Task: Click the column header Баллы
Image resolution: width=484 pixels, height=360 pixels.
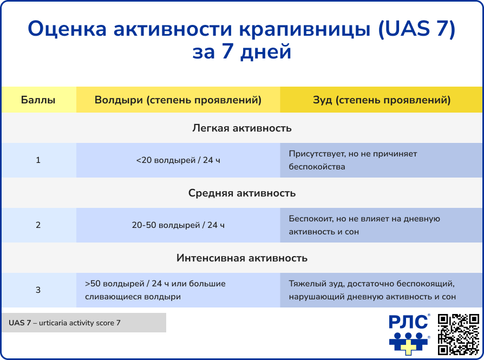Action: [x=38, y=100]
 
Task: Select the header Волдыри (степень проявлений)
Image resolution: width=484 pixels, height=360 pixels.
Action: [x=178, y=100]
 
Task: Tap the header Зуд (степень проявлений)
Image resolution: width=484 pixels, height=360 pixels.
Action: [x=382, y=100]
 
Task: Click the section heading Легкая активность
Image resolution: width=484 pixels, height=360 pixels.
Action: [x=242, y=128]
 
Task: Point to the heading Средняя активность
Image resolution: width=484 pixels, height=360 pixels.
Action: [x=242, y=193]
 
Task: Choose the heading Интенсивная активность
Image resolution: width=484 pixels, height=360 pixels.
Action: [x=242, y=258]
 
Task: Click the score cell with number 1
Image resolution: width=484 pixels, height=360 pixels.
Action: [x=38, y=160]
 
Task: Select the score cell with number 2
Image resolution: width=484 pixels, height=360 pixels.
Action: [x=38, y=225]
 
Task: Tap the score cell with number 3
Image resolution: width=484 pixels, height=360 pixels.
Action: [x=38, y=290]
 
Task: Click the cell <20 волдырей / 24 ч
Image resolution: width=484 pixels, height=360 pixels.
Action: [x=178, y=160]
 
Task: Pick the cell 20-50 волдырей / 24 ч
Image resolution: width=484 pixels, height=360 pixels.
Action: [x=178, y=225]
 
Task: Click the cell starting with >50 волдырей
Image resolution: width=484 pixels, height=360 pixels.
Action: [x=178, y=290]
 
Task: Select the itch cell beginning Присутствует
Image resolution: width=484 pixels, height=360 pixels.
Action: [x=382, y=160]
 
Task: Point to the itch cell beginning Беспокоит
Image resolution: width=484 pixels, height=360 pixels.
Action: [x=382, y=225]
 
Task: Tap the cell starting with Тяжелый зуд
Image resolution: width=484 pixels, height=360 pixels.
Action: [x=382, y=290]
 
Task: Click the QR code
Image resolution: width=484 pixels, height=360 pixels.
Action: [x=457, y=335]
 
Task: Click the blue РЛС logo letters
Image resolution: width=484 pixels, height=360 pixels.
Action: [x=408, y=323]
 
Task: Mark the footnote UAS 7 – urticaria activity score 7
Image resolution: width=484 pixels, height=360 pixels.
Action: [x=83, y=323]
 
